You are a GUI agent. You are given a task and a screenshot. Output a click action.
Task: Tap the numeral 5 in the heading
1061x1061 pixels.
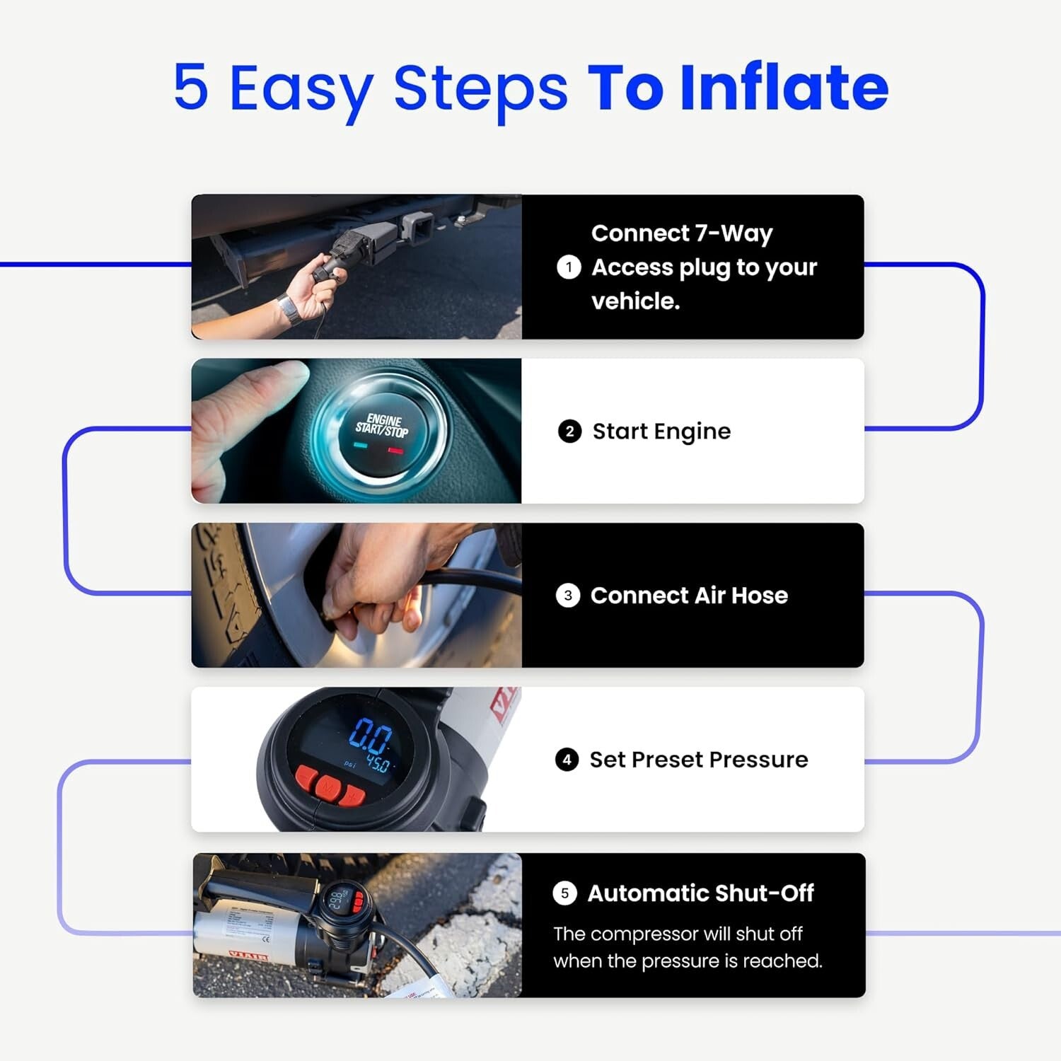(x=191, y=88)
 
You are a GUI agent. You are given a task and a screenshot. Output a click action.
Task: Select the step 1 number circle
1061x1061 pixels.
(x=569, y=267)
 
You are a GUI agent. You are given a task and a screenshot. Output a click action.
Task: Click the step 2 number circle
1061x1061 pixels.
(x=569, y=431)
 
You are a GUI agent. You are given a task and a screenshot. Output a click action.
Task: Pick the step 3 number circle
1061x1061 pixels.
(x=568, y=596)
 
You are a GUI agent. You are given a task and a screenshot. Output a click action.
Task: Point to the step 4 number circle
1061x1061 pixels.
(x=567, y=760)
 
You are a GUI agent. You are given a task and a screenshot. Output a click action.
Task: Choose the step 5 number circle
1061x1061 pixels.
(x=564, y=893)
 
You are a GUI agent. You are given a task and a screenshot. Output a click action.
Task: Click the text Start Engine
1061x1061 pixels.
(x=661, y=431)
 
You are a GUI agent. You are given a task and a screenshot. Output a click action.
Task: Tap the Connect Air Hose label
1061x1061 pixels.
(x=689, y=596)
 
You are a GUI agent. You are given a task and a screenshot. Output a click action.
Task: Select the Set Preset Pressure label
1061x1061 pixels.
(x=699, y=760)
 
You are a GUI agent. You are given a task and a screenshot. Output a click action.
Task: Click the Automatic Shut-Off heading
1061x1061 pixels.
(x=700, y=893)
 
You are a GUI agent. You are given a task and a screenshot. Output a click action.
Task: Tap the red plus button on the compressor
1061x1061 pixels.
(x=352, y=795)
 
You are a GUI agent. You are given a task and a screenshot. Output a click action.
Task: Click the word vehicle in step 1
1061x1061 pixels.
(x=634, y=302)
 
